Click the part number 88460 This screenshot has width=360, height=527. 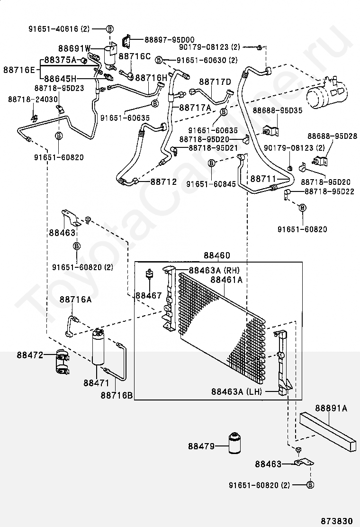217,255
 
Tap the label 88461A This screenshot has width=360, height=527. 226,280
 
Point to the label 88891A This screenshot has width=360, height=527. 332,408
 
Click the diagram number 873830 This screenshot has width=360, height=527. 338,519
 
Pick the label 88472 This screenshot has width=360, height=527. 30,354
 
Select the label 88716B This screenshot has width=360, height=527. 117,394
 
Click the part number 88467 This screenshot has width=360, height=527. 149,295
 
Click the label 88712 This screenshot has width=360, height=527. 164,182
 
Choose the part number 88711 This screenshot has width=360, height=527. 263,179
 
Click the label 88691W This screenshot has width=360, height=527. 74,48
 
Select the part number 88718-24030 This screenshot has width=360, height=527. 33,99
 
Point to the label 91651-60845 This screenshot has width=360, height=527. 211,183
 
